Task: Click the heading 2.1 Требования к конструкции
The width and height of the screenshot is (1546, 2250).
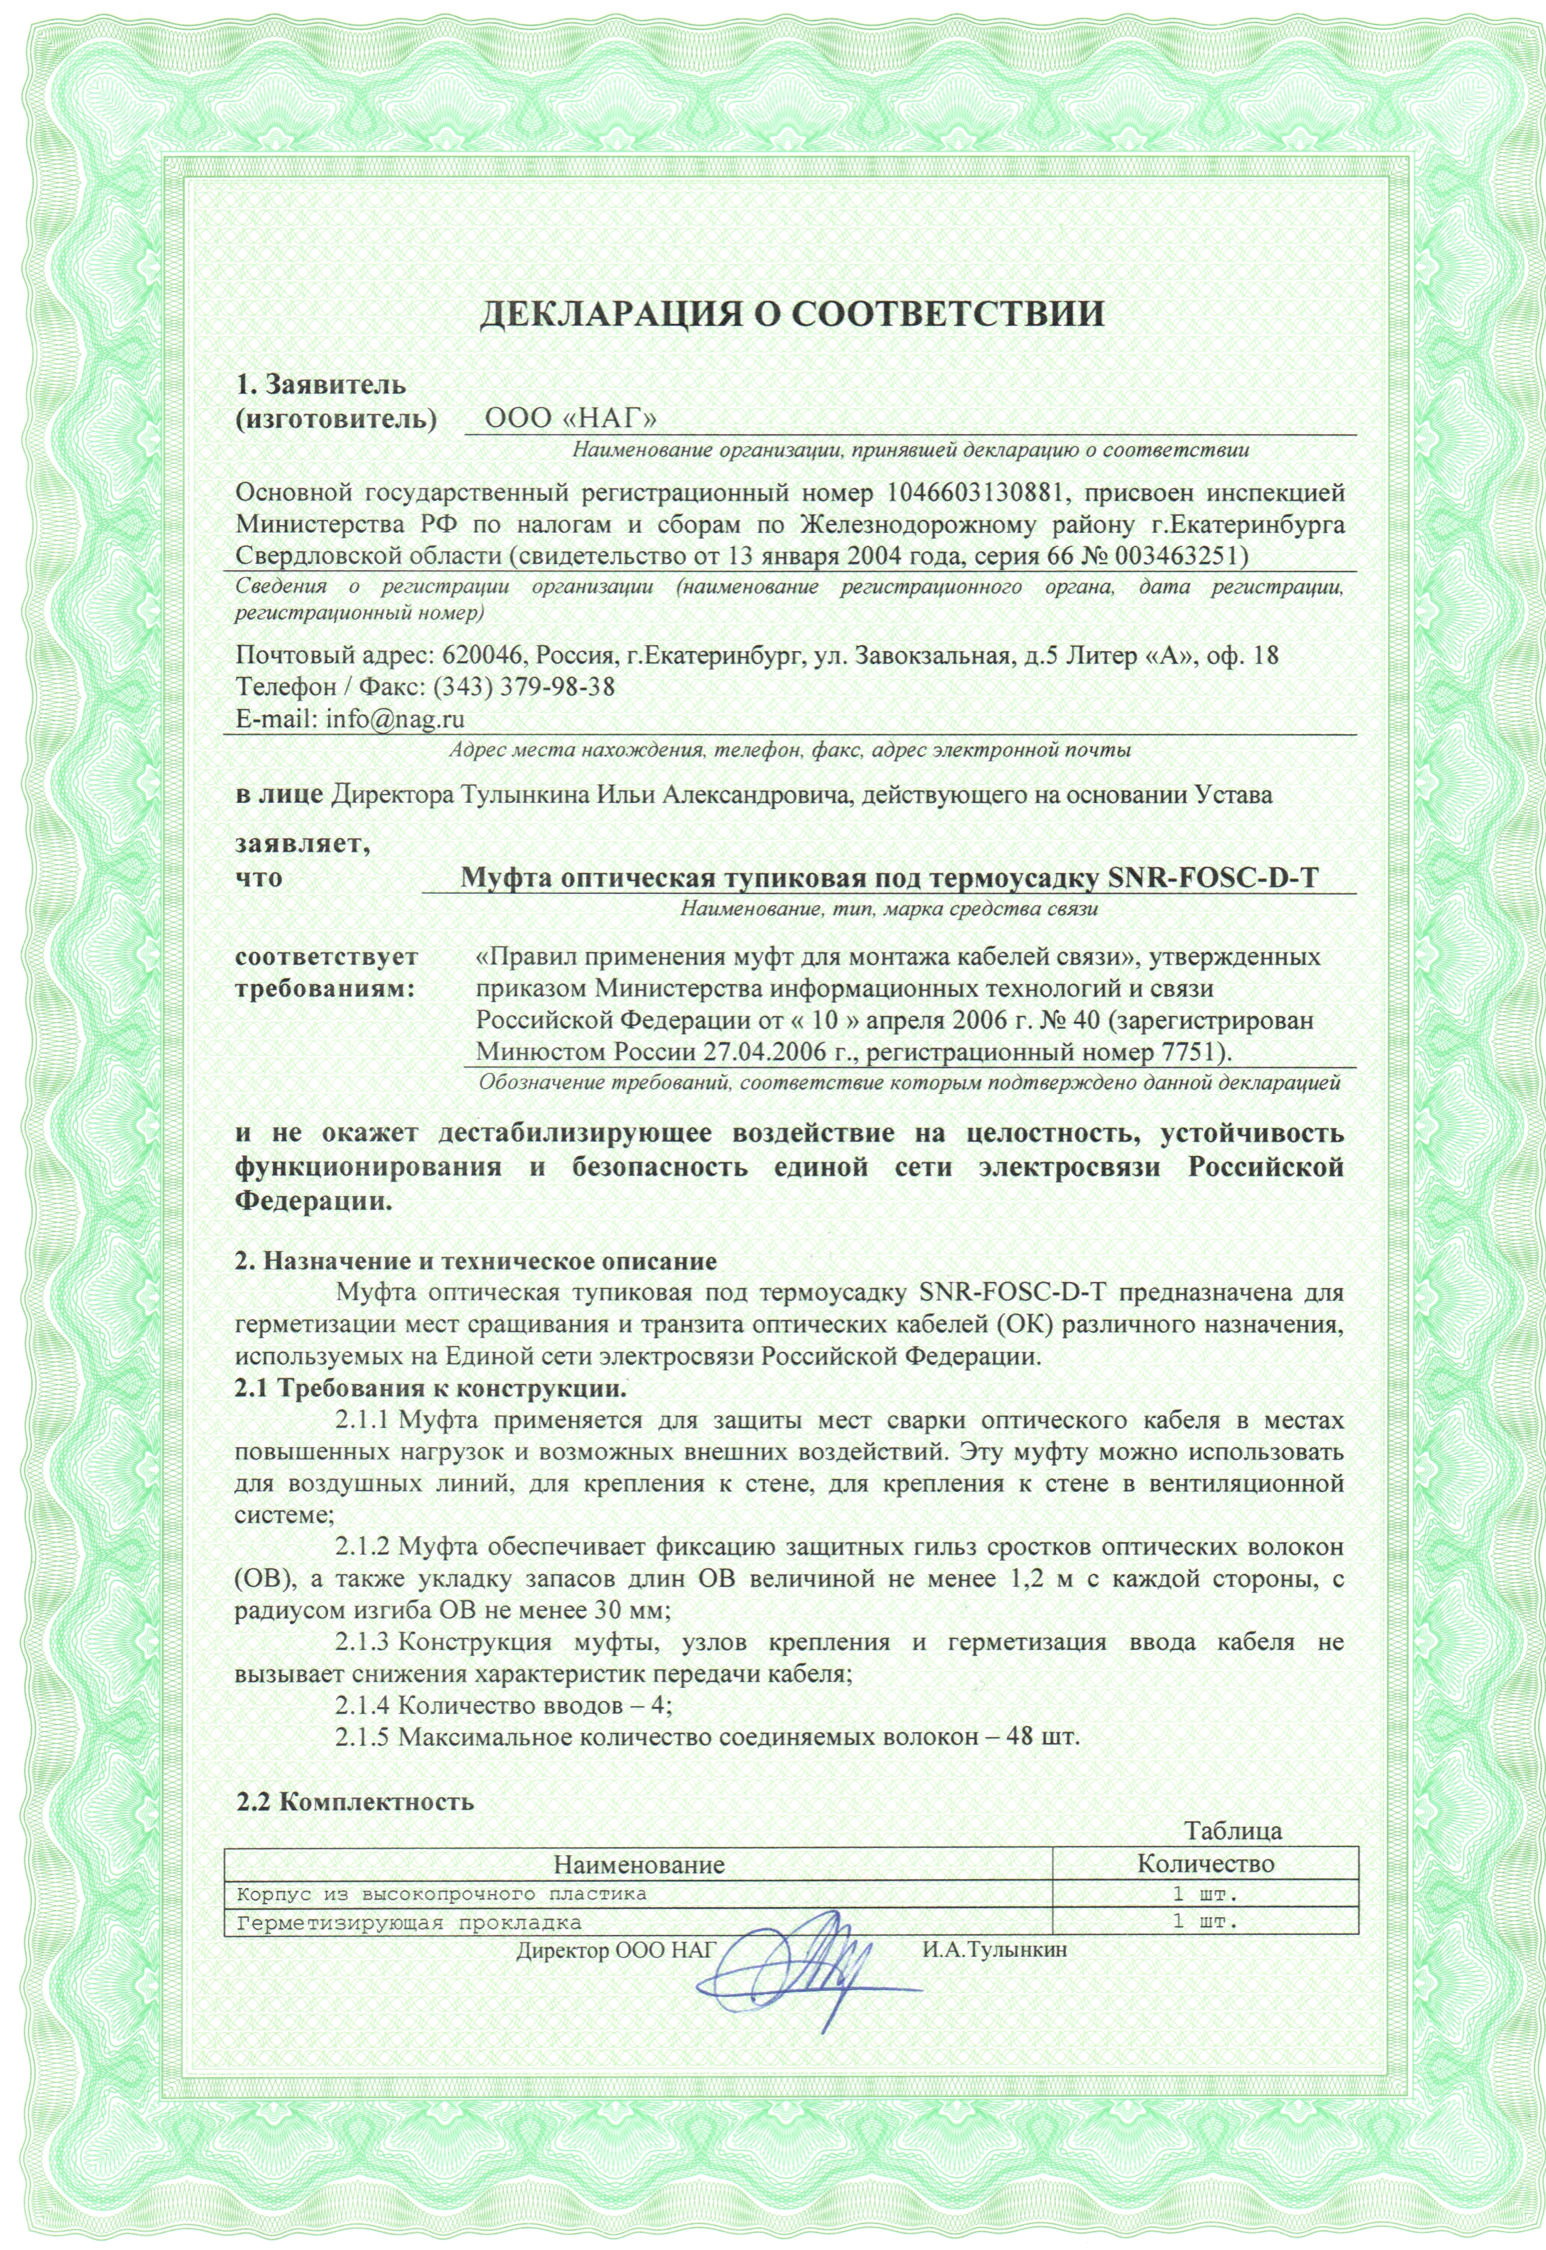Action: pyautogui.click(x=431, y=1388)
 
